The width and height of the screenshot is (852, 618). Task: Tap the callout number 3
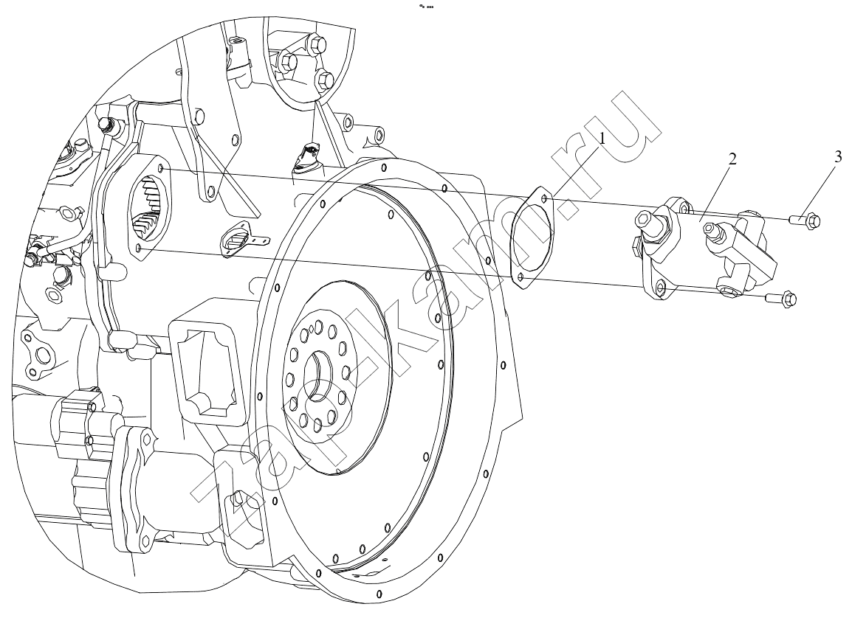pos(837,157)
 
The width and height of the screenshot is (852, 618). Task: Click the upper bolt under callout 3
pos(805,220)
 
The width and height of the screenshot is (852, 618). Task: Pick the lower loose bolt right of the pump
pos(781,298)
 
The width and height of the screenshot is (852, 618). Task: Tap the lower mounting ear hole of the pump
pos(660,288)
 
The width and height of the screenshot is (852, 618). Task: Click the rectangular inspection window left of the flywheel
pos(207,369)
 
